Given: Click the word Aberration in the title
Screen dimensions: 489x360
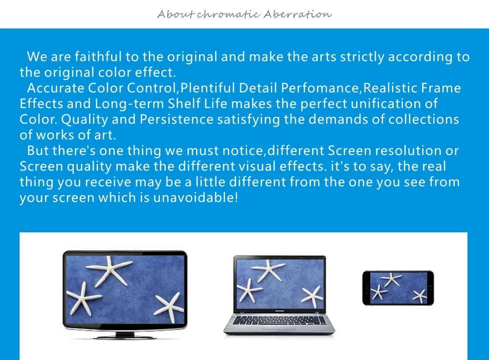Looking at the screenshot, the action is pos(297,14).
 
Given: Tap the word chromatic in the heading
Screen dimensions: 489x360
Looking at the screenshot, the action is pos(228,14).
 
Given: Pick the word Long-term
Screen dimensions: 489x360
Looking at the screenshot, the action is pos(130,104).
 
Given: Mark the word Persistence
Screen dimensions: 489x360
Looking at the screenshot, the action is pos(177,119).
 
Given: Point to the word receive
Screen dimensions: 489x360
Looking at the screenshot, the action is pos(108,182).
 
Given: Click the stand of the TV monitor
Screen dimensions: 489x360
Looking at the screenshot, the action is pos(125,335).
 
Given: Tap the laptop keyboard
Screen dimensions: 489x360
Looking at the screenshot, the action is pos(279,320).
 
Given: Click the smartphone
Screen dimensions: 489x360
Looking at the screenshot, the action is pos(398,288).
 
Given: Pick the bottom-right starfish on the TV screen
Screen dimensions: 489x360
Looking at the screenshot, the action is pos(168,308).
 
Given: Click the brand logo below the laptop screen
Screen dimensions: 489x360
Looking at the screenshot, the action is pos(279,311).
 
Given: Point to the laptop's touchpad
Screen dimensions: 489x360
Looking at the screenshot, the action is pos(279,329).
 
